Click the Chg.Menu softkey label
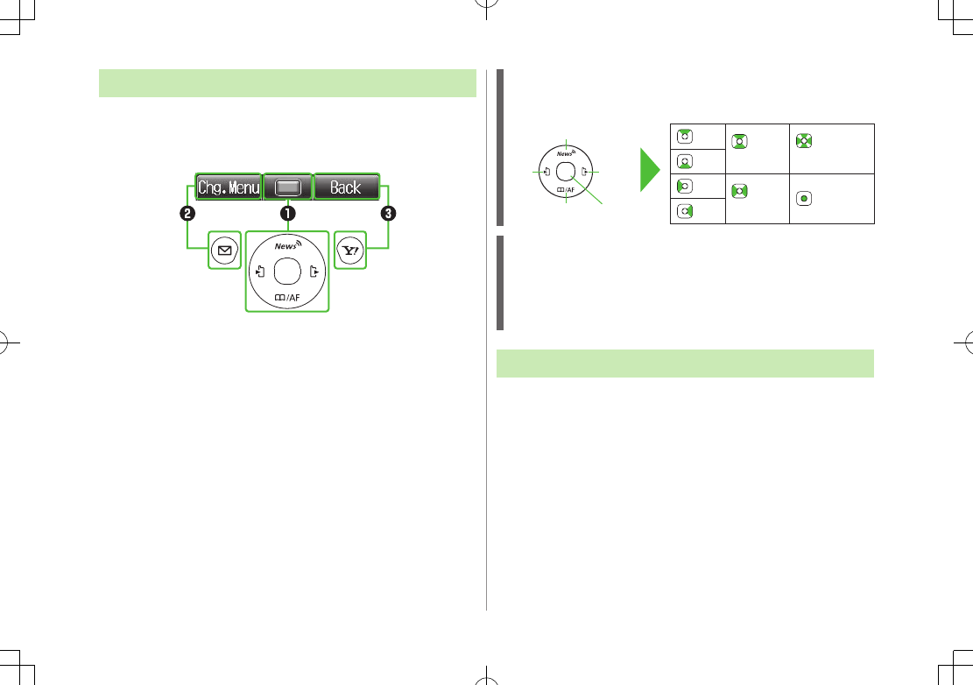(229, 187)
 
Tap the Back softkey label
(346, 187)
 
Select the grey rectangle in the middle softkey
(287, 187)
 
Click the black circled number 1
(287, 214)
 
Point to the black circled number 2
(187, 214)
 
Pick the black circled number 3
(388, 214)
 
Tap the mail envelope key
(224, 251)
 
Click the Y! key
(350, 251)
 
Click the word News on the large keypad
(286, 246)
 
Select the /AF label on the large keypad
(287, 298)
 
